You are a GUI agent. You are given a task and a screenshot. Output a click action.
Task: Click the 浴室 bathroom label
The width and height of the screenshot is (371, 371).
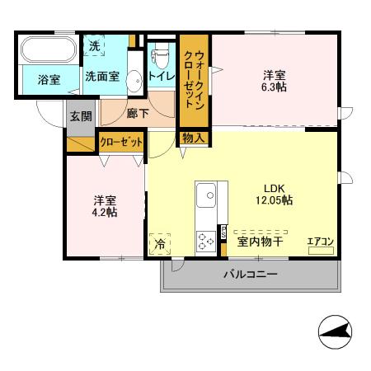pyautogui.click(x=49, y=79)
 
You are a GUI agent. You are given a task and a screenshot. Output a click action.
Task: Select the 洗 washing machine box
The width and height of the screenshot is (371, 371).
pyautogui.click(x=96, y=46)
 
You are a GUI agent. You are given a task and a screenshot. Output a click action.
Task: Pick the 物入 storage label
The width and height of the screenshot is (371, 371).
pyautogui.click(x=194, y=139)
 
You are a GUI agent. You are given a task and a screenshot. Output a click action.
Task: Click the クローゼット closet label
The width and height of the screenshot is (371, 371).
pyautogui.click(x=121, y=143)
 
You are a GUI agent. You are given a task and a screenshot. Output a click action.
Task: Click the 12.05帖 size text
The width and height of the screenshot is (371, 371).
pyautogui.click(x=275, y=199)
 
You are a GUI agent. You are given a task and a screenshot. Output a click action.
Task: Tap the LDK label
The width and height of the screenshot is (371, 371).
pyautogui.click(x=274, y=185)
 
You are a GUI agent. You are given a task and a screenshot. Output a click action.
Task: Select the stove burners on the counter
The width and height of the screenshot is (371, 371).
pyautogui.click(x=205, y=240)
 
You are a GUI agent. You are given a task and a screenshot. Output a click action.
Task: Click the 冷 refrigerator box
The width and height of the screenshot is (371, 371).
pyautogui.click(x=160, y=244)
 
